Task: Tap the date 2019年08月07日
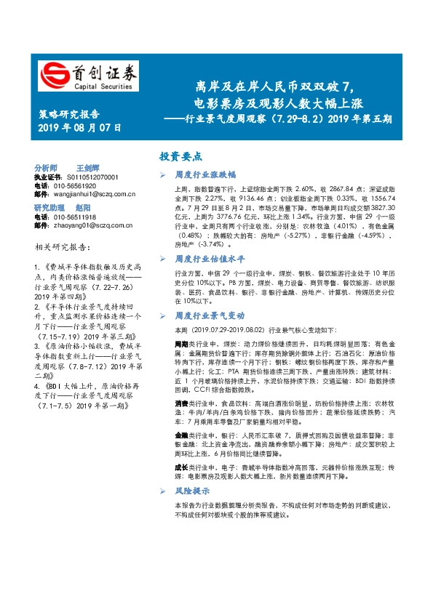79,128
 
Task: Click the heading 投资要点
180,156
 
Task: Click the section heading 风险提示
191,492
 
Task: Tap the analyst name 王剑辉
89,167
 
